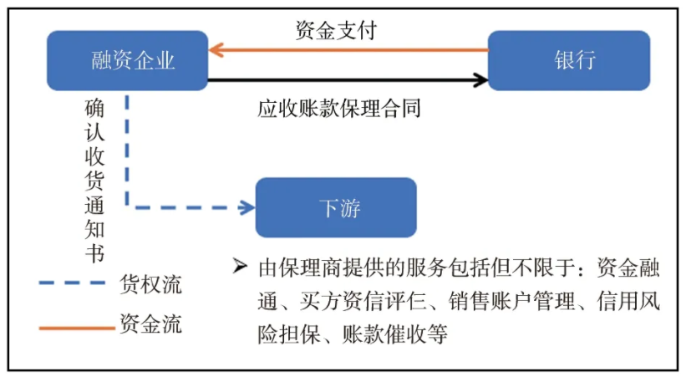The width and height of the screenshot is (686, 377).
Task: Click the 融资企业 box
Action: pyautogui.click(x=127, y=61)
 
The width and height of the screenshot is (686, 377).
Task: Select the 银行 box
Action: pyautogui.click(x=568, y=61)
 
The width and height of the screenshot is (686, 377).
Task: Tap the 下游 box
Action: pyautogui.click(x=335, y=207)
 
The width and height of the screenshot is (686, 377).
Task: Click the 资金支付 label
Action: pyautogui.click(x=336, y=31)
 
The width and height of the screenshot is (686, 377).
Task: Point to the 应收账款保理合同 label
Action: pyautogui.click(x=338, y=108)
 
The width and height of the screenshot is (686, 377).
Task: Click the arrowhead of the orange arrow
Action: pyautogui.click(x=216, y=50)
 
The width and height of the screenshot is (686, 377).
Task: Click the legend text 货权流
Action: pyautogui.click(x=151, y=284)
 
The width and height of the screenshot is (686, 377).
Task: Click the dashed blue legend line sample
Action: pyautogui.click(x=75, y=285)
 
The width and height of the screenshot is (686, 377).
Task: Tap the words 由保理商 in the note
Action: pyautogui.click(x=289, y=267)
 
